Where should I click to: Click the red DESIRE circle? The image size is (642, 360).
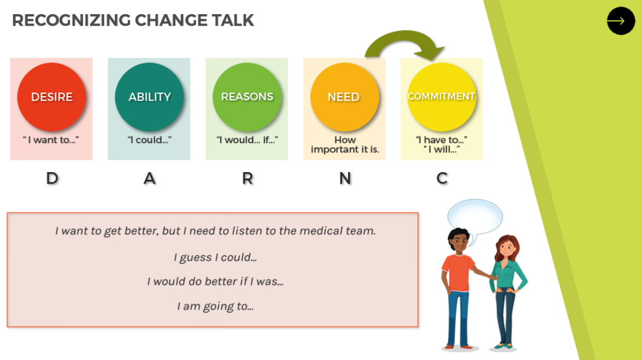(x=51, y=97)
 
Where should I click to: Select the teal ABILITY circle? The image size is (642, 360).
(x=149, y=97)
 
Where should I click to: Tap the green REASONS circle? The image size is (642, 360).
(x=247, y=97)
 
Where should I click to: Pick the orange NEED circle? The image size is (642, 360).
(x=344, y=97)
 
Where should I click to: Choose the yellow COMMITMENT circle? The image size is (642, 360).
(x=441, y=97)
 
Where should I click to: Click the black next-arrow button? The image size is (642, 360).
(x=621, y=21)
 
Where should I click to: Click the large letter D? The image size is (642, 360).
(x=52, y=178)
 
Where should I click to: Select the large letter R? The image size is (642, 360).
(x=248, y=178)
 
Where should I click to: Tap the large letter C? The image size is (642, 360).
(x=442, y=178)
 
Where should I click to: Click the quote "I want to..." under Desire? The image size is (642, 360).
(x=51, y=140)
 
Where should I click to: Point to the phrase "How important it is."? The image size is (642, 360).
(x=345, y=145)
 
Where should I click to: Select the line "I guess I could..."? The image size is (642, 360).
(x=215, y=258)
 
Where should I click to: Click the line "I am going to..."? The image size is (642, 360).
(x=215, y=306)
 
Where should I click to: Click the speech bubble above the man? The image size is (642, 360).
(x=475, y=217)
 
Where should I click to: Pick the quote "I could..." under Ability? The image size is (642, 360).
(x=149, y=140)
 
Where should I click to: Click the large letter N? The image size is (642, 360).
(x=345, y=178)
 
